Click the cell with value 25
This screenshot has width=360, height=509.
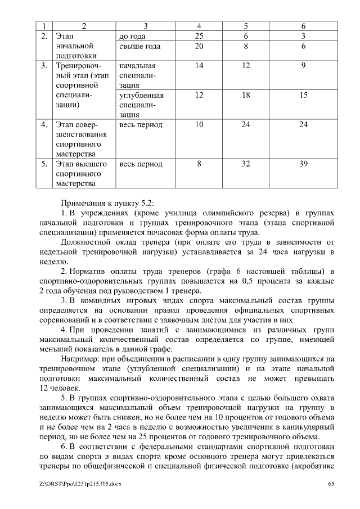199,36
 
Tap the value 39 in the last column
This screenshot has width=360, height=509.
303,164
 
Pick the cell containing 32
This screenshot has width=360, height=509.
246,164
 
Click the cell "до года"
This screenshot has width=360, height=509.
133,36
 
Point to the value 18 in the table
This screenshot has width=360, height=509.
246,95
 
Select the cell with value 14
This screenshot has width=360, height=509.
199,66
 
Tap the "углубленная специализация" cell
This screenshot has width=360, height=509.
141,105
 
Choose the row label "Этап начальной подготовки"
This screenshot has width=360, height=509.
76,46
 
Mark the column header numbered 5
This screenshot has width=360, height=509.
246,26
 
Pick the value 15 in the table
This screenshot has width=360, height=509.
303,95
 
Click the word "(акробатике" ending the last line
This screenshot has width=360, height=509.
312,466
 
